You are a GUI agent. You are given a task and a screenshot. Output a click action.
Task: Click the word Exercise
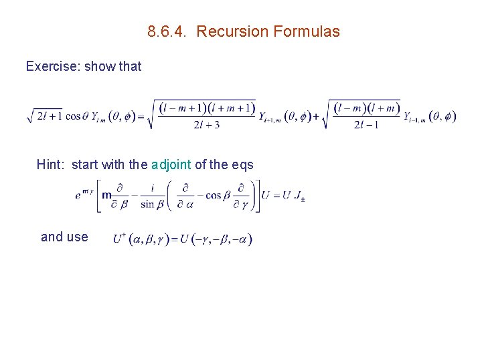click(52, 66)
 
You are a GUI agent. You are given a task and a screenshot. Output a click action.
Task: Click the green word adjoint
click(171, 164)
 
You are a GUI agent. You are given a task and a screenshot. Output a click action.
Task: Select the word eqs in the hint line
click(242, 164)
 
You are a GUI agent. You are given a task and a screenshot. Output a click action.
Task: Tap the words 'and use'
click(64, 237)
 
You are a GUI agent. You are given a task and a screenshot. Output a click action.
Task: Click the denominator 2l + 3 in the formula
click(206, 124)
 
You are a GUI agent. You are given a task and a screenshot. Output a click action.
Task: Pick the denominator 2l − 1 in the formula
click(367, 124)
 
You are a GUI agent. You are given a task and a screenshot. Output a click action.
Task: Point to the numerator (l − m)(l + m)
click(368, 108)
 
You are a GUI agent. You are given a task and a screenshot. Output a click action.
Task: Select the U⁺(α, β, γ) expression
click(141, 239)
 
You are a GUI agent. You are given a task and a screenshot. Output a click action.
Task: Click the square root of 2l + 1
click(44, 116)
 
